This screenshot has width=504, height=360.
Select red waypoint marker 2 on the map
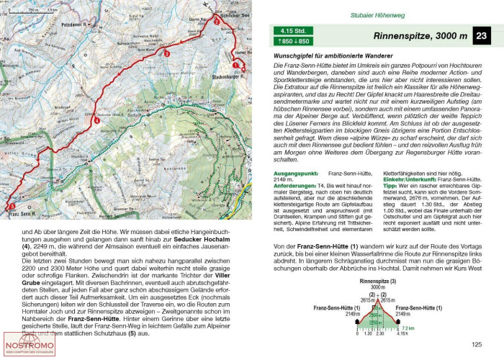[215, 22]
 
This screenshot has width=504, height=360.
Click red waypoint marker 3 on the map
[167, 53]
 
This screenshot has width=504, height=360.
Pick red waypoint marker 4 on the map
[96, 120]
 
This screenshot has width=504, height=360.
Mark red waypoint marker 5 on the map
[12, 207]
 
